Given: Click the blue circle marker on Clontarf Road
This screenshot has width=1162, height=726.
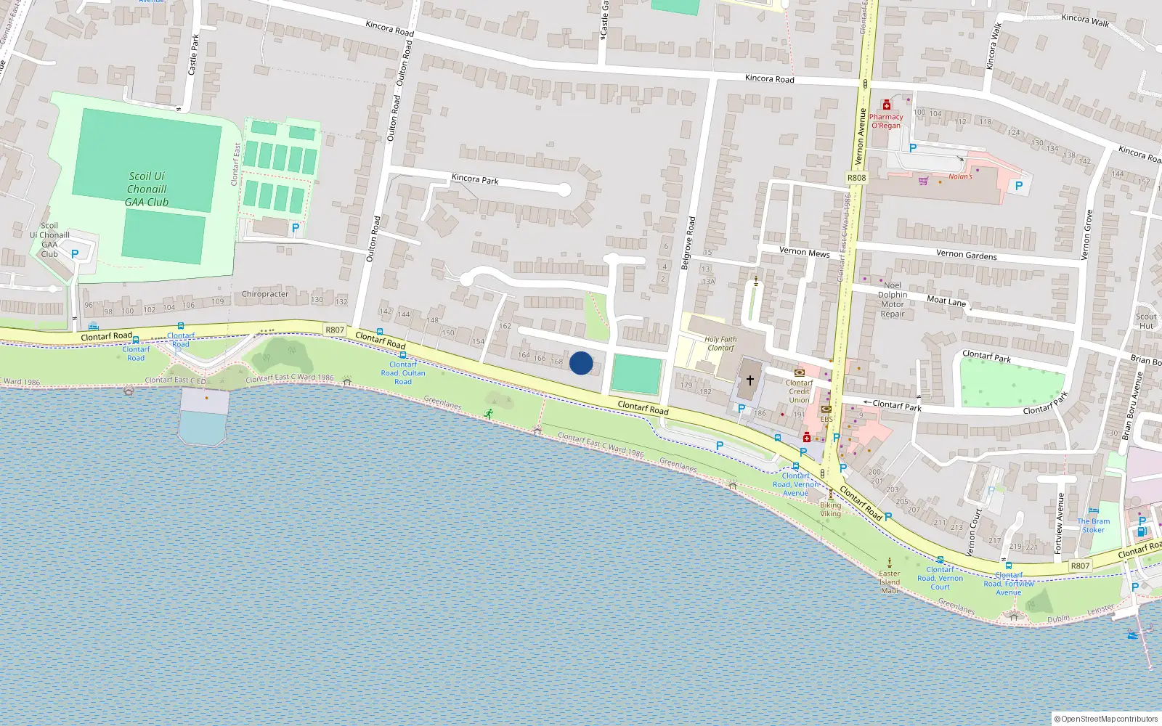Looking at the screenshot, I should (581, 363).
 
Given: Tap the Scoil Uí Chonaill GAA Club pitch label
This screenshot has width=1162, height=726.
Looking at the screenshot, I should (147, 189).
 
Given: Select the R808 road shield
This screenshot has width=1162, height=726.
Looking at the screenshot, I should (856, 178).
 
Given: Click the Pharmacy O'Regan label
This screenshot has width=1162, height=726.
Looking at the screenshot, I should (886, 121).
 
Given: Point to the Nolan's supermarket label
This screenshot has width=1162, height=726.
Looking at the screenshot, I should (960, 176).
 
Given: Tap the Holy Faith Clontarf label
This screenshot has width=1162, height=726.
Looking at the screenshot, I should (720, 343).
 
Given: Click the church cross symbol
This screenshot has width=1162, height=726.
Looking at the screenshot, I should (750, 380).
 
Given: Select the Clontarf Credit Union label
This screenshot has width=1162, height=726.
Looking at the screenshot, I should (799, 391).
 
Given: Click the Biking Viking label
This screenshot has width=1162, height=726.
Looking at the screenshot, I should (830, 509).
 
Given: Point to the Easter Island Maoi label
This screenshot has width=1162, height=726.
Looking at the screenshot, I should (890, 582).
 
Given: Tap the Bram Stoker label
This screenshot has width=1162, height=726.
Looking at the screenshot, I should (1093, 526).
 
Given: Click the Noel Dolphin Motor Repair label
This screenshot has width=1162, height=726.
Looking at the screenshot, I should (893, 300).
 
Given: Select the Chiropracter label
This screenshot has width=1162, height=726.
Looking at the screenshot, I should (265, 294).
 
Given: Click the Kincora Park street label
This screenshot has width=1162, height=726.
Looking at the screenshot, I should (475, 179).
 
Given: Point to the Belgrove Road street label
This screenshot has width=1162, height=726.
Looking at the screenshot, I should (688, 243).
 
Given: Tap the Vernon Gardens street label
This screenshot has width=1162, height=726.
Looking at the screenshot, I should (966, 254).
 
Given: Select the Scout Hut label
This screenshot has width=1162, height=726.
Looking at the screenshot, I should (1146, 321).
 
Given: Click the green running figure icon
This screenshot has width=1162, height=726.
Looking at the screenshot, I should (489, 413).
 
